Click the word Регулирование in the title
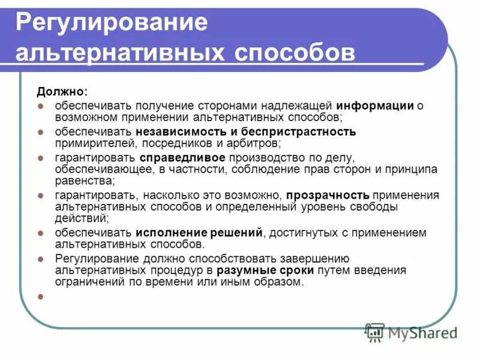112,23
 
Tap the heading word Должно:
62,92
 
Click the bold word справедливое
183,157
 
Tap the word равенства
85,180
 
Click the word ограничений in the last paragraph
89,282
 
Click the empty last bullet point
41,295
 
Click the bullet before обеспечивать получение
41,106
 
